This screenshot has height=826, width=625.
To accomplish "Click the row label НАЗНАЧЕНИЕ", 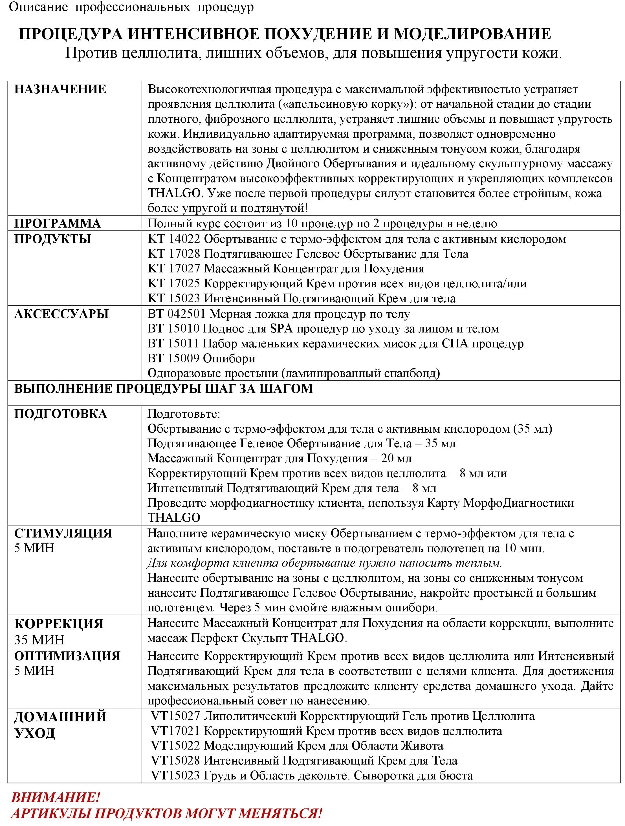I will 60,90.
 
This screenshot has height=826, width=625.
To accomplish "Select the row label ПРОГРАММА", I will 58,224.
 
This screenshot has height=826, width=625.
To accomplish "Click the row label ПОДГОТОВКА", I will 60,414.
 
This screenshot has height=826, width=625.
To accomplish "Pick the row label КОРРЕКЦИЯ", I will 59,624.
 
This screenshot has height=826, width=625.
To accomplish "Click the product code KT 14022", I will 174,239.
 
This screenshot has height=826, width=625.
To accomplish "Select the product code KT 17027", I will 174,268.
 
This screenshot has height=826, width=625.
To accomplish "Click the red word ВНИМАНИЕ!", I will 55,797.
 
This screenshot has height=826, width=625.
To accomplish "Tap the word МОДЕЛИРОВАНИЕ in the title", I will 472,34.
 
